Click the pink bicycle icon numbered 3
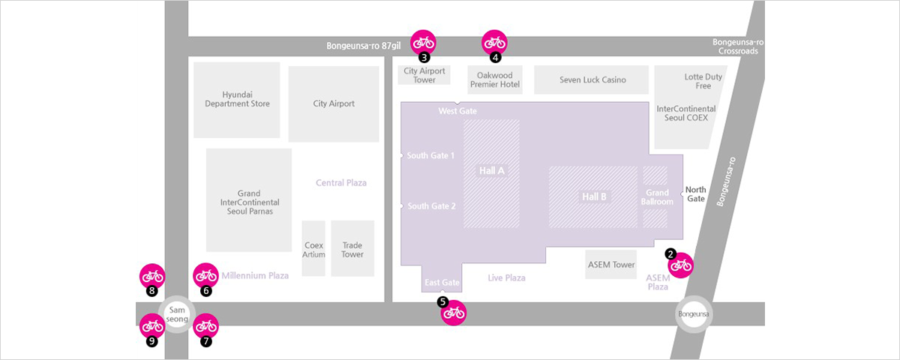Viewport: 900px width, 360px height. pos(423,43)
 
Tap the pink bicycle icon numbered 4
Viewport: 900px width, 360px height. pos(494,43)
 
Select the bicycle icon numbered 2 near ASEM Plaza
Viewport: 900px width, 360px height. pos(681,265)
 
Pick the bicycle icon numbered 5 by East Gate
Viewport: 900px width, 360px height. pos(454,313)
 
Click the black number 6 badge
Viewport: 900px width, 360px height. pos(206,291)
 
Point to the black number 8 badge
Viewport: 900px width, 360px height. pos(151,291)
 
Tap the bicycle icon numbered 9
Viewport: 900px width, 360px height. pos(152,325)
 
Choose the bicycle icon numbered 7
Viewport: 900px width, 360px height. pos(206,325)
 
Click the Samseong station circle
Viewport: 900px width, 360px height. pos(177,314)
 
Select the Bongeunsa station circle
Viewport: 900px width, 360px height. pos(694,314)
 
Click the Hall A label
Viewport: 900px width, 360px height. pos(491,171)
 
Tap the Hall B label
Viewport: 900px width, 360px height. pos(594,196)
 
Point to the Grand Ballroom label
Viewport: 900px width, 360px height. pos(657,197)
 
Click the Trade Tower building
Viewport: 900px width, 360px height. pos(352,248)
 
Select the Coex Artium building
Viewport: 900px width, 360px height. pos(313,248)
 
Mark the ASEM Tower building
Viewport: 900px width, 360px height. pos(610,264)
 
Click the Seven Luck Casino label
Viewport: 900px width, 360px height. pos(592,80)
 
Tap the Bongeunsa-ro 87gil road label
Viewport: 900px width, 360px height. pos(363,46)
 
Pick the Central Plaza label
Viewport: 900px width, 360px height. pos(341,183)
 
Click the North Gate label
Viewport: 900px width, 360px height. pos(695,194)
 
